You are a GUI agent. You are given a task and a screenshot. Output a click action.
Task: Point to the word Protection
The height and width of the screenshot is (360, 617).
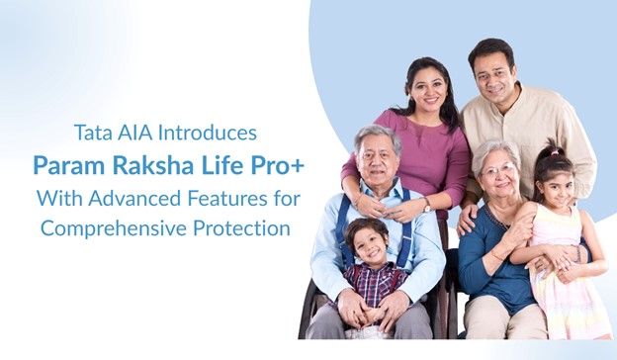click(x=242, y=227)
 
